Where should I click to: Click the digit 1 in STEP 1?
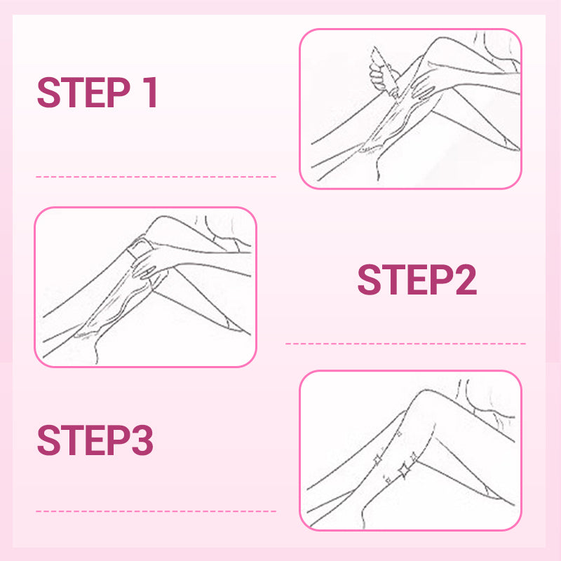[151, 93]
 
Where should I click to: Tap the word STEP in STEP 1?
[83, 93]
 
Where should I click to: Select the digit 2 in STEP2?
[466, 279]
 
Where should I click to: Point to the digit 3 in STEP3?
[142, 440]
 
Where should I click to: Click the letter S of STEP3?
[48, 440]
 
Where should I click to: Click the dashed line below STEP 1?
[156, 177]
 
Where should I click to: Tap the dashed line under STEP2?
[406, 344]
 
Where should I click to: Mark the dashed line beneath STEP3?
[156, 511]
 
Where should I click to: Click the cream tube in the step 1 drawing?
[384, 72]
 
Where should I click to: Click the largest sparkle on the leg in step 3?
[405, 470]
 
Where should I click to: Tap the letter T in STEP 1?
[73, 93]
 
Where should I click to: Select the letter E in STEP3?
[95, 440]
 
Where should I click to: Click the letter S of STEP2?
[370, 279]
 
